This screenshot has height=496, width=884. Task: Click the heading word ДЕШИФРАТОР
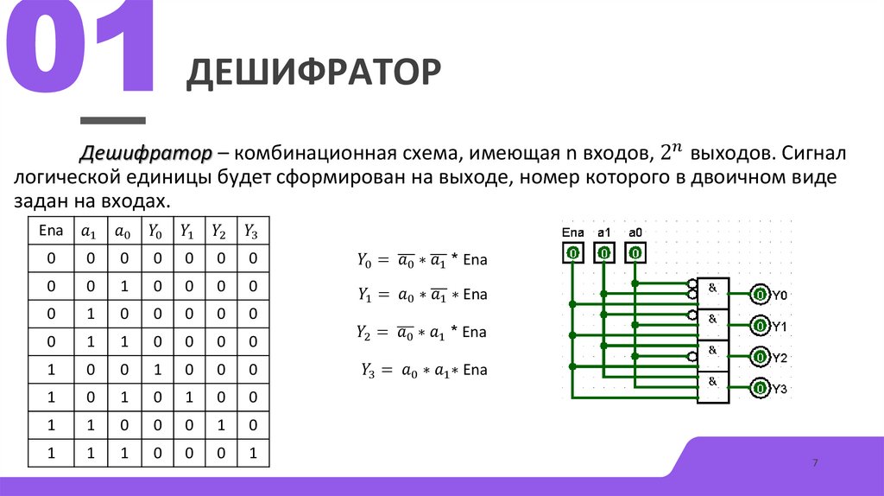(x=314, y=73)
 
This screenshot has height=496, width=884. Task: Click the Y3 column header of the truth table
(x=251, y=231)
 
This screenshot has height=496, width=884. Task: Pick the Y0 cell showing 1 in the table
(x=155, y=369)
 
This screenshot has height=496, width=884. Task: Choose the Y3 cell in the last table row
(x=251, y=452)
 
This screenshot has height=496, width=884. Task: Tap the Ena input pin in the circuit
(x=571, y=253)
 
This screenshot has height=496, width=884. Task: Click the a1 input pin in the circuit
(x=603, y=253)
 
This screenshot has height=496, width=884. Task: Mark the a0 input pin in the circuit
(x=635, y=253)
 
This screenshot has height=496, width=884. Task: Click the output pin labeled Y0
(x=759, y=296)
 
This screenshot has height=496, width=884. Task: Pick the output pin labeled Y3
(x=759, y=389)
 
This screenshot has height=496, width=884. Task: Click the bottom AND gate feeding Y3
(x=713, y=387)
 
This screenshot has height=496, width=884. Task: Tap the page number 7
(x=814, y=464)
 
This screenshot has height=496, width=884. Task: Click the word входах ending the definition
(x=134, y=200)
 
